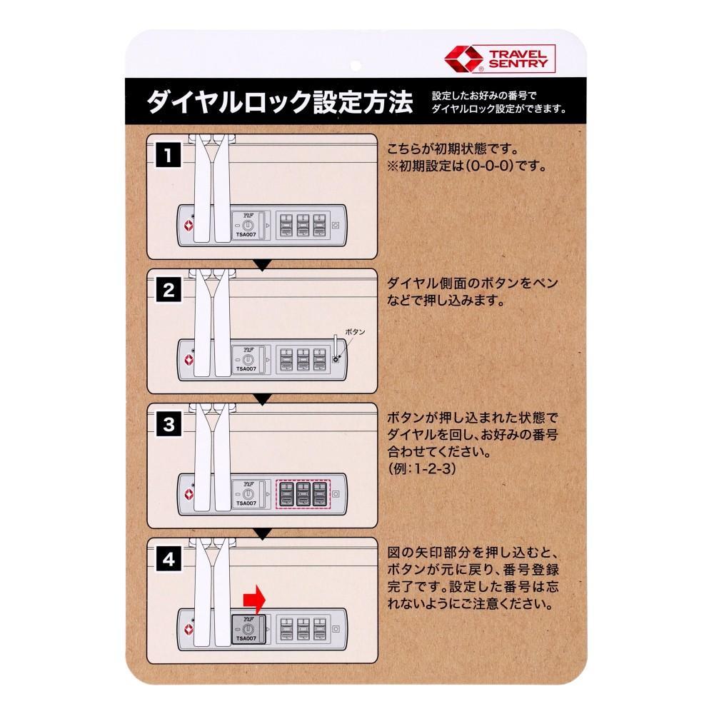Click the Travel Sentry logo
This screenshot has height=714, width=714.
pyautogui.click(x=500, y=59)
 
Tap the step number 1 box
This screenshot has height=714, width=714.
pyautogui.click(x=169, y=155)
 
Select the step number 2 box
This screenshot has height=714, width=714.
pyautogui.click(x=169, y=290)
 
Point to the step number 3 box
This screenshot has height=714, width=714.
pyautogui.click(x=169, y=424)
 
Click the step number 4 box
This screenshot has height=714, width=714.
pyautogui.click(x=169, y=558)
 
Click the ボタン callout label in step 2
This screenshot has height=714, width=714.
pyautogui.click(x=355, y=332)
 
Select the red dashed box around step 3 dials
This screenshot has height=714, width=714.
pyautogui.click(x=303, y=493)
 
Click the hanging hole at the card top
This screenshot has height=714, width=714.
pyautogui.click(x=356, y=66)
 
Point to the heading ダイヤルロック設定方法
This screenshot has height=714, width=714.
pyautogui.click(x=280, y=101)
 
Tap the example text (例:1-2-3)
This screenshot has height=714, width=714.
pyautogui.click(x=422, y=468)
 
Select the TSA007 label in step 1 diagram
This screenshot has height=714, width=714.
pyautogui.click(x=246, y=234)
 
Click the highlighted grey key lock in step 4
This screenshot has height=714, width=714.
pyautogui.click(x=248, y=629)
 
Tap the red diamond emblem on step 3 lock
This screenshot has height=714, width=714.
pyautogui.click(x=189, y=494)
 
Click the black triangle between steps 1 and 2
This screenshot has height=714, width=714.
pyautogui.click(x=262, y=265)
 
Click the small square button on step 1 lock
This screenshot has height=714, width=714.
pyautogui.click(x=336, y=225)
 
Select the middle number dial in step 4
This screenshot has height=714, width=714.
pyautogui.click(x=303, y=629)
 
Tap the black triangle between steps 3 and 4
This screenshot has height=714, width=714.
pyautogui.click(x=262, y=533)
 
